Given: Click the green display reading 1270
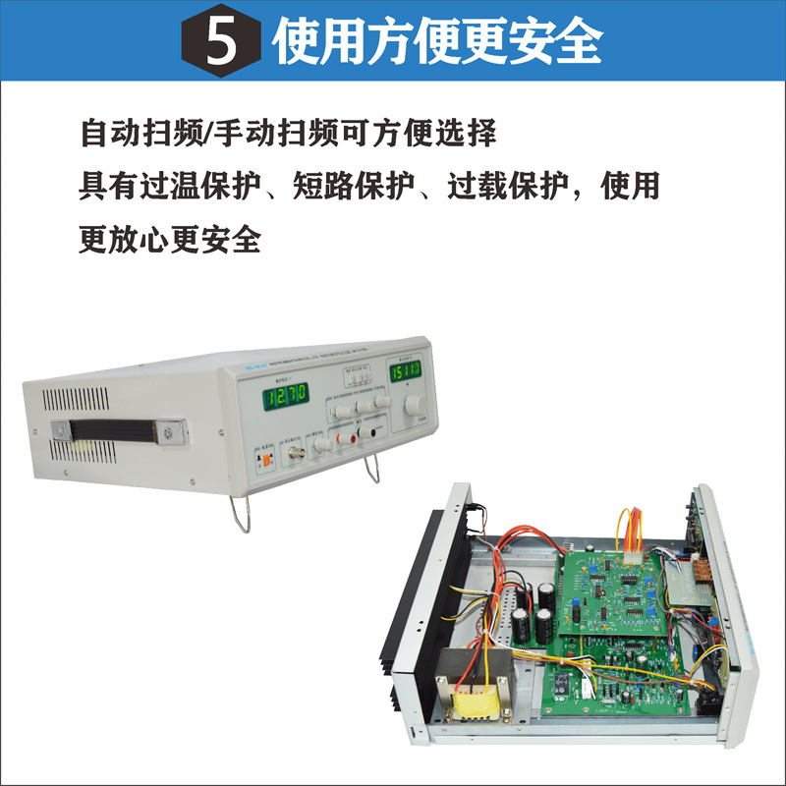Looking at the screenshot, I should (286, 395).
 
